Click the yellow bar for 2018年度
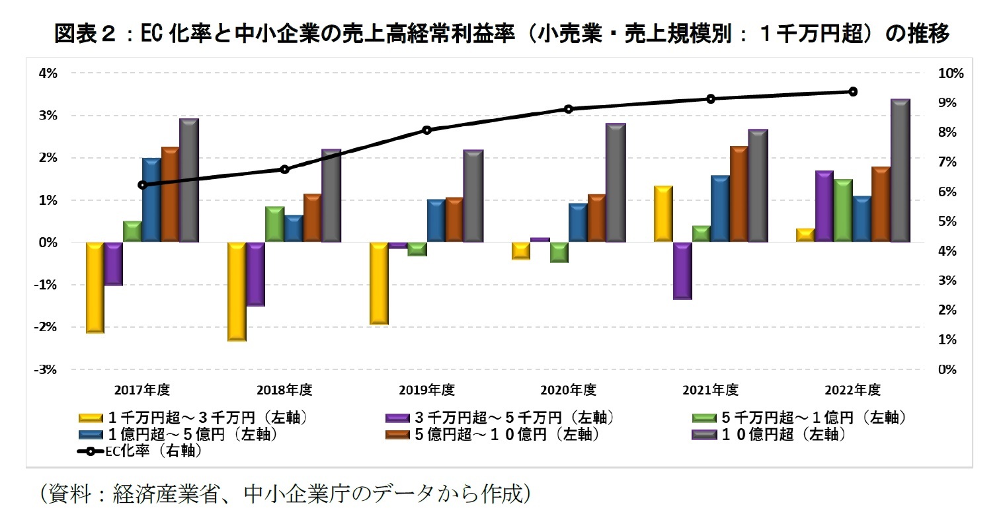237,291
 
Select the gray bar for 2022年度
901,171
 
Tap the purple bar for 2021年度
682,271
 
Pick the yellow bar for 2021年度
663,214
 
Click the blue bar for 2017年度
152,200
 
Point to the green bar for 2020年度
559,252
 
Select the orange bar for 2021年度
739,194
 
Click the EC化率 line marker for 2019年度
426,130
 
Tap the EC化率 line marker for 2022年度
853,92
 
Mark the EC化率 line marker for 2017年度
142,185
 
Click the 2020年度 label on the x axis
568,390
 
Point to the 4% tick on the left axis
48,73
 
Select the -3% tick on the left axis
47,369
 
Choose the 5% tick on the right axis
947,221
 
